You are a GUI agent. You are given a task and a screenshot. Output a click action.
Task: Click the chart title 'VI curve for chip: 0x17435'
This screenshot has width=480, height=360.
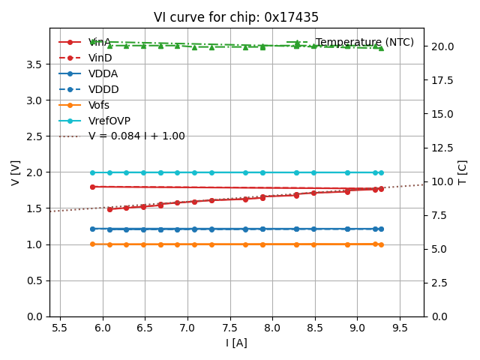click(x=236, y=17)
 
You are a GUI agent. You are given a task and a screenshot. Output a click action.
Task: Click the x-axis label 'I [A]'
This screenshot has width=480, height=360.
click(x=236, y=343)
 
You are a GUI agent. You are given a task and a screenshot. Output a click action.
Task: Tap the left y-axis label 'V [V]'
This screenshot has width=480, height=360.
click(x=16, y=172)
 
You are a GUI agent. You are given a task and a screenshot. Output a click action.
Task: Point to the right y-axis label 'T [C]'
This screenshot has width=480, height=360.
click(x=463, y=172)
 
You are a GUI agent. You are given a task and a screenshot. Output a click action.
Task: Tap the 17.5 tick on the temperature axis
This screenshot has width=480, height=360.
click(x=441, y=80)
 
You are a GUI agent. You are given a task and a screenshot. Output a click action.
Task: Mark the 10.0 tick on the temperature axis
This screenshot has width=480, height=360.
click(x=441, y=181)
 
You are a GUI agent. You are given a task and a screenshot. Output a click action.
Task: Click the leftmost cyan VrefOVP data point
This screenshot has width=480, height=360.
click(x=92, y=172)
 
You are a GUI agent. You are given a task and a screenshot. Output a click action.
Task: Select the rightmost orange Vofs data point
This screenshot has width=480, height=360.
click(x=381, y=244)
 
